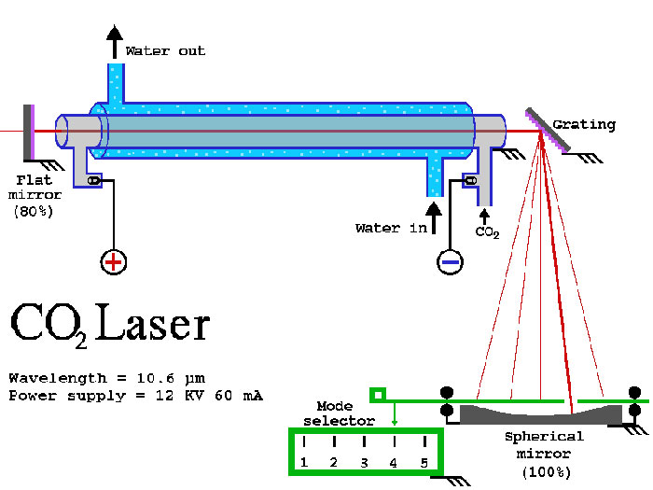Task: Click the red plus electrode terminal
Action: tap(113, 262)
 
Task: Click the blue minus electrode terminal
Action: tap(450, 262)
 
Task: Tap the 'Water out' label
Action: tap(165, 50)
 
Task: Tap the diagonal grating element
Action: tap(548, 130)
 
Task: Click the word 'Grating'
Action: tap(584, 124)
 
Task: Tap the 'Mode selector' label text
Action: tap(341, 413)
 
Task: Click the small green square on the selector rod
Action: tap(377, 395)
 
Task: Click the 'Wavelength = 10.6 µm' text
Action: tap(106, 378)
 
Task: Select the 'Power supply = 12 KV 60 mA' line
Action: tap(135, 396)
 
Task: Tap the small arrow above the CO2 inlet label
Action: tap(483, 216)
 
